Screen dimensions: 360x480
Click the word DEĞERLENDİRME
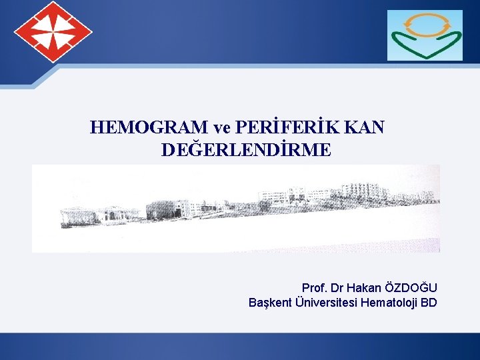click(x=245, y=150)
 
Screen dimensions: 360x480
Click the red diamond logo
click(x=53, y=32)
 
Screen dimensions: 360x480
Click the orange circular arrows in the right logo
click(x=425, y=26)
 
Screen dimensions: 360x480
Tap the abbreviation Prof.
click(x=314, y=288)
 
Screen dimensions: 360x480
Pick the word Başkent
click(x=269, y=303)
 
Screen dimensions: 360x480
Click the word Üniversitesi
click(x=326, y=303)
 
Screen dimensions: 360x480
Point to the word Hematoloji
click(x=390, y=303)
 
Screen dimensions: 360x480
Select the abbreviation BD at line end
click(x=429, y=303)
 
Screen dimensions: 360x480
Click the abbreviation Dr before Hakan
click(x=337, y=288)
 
